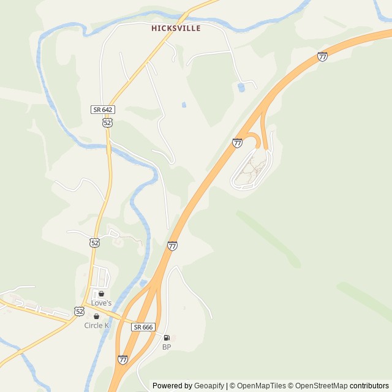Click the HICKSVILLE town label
pyautogui.click(x=176, y=28)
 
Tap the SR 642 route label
pyautogui.click(x=102, y=110)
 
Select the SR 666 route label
pyautogui.click(x=143, y=327)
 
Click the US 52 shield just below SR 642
pyautogui.click(x=107, y=123)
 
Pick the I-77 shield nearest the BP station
pyautogui.click(x=123, y=360)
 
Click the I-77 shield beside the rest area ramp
pyautogui.click(x=238, y=143)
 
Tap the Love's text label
pyautogui.click(x=101, y=303)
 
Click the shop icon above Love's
pyautogui.click(x=101, y=294)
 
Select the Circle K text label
pyautogui.click(x=97, y=325)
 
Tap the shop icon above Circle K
pyautogui.click(x=96, y=316)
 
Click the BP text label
pyautogui.click(x=167, y=347)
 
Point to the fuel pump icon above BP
pyautogui.click(x=167, y=337)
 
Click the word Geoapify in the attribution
pyautogui.click(x=209, y=386)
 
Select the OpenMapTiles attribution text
pyautogui.click(x=260, y=386)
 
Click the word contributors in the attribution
pyautogui.click(x=369, y=386)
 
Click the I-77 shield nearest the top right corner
pyautogui.click(x=322, y=57)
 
